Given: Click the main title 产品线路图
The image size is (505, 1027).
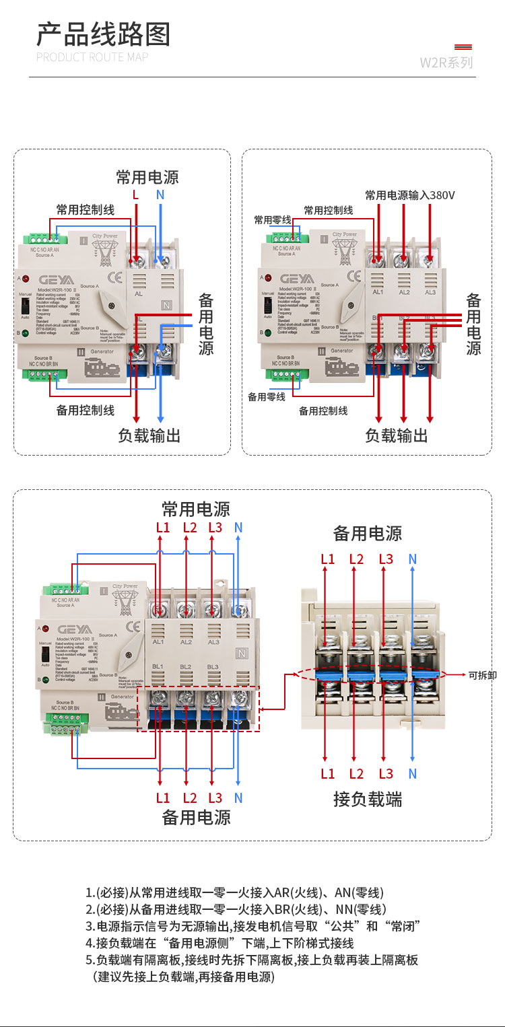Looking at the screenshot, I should (103, 34).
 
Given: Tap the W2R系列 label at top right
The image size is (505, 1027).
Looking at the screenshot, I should (446, 63).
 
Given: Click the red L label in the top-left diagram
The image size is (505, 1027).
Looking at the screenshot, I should (135, 194).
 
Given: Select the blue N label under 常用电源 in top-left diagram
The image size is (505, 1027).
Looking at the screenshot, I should (160, 194).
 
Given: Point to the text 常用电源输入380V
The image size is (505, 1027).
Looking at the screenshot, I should (410, 195).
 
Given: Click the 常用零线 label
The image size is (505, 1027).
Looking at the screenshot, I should (272, 219).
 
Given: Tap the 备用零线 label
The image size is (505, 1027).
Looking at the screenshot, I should (267, 396).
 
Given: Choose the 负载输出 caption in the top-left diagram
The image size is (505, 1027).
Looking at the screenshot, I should (149, 435).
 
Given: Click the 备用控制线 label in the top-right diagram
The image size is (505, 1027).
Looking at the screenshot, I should (323, 410).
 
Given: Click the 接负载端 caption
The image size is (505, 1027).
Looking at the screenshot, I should (368, 799).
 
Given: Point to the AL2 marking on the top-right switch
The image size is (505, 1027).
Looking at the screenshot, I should (404, 291).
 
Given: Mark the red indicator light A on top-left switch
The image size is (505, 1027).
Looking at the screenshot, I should (26, 278).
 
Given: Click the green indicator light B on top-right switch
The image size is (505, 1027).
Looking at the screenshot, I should (267, 332).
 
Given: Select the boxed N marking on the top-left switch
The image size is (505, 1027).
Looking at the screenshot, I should (166, 304).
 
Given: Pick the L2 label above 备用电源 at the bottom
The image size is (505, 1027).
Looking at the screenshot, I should (190, 798).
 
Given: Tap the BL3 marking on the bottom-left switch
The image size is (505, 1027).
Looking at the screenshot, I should (213, 667).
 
